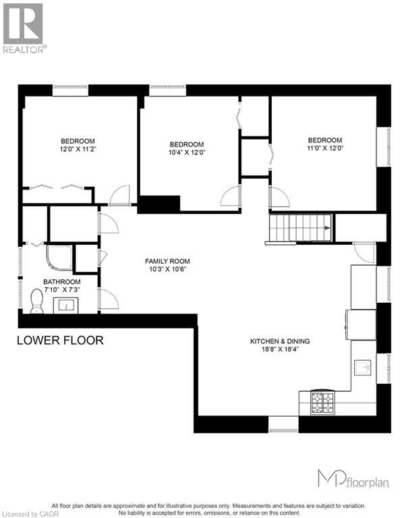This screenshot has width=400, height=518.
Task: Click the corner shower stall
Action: [x=59, y=258]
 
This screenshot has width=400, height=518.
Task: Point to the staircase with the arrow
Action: [x=300, y=227]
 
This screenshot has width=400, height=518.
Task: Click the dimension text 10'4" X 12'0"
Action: [x=187, y=152]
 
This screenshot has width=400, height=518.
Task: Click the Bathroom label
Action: [x=62, y=282]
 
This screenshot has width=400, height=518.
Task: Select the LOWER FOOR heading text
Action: [x=60, y=341]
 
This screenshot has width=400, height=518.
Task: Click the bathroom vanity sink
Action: [x=68, y=305]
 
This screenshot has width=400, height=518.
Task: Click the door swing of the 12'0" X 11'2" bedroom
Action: [x=119, y=195]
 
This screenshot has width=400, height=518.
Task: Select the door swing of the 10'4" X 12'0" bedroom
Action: [x=231, y=196]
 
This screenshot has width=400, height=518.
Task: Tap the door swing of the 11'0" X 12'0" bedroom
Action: [x=279, y=197]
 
